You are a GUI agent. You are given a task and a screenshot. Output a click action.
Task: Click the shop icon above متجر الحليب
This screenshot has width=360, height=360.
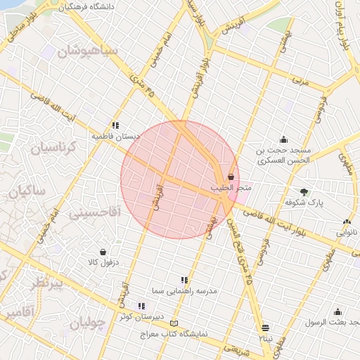coord(231,178)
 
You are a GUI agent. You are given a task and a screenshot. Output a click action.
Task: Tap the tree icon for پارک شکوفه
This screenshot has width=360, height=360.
coord(304,191)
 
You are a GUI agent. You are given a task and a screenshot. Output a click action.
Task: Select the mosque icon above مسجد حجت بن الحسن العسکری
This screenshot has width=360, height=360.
coord(283,139)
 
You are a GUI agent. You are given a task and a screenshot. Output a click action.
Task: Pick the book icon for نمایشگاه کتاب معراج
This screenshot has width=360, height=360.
coord(174,323)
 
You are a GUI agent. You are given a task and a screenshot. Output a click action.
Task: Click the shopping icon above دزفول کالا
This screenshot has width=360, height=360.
coord(103,252)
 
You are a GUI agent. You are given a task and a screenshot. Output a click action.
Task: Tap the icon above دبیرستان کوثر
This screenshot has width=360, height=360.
coord(141,306)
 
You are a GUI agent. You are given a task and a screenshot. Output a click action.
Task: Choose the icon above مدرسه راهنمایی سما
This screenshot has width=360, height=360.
coord(184,280)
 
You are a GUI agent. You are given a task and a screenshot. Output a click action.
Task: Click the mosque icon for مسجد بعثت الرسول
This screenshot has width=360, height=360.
coord(337,312)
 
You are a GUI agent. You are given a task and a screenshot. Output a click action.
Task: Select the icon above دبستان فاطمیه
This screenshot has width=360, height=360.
coord(116,125)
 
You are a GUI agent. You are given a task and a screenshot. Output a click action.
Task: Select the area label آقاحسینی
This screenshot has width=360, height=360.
coord(96,211)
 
